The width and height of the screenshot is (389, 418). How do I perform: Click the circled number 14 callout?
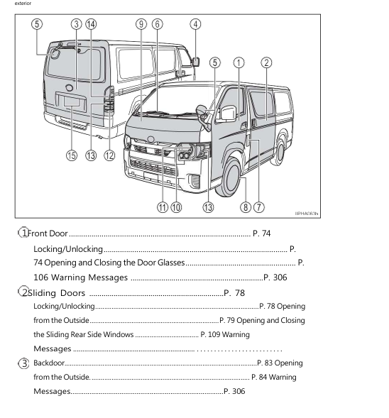pyautogui.click(x=91, y=23)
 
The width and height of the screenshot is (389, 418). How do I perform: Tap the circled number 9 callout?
pyautogui.click(x=141, y=23)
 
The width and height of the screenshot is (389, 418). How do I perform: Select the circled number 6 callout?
pyautogui.click(x=157, y=23)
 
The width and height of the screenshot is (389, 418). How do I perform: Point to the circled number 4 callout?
pyautogui.click(x=195, y=23)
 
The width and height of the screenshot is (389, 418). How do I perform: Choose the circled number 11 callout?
pyautogui.click(x=163, y=207)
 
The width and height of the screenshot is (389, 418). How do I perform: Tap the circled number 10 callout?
pyautogui.click(x=177, y=207)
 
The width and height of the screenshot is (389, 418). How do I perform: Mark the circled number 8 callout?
pyautogui.click(x=246, y=207)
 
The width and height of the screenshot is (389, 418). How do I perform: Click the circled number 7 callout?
pyautogui.click(x=259, y=207)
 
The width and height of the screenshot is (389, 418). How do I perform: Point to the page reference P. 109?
pyautogui.click(x=214, y=334)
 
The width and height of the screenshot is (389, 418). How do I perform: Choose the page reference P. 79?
pyautogui.click(x=231, y=320)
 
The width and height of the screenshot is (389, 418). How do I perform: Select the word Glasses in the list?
pyautogui.click(x=168, y=263)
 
